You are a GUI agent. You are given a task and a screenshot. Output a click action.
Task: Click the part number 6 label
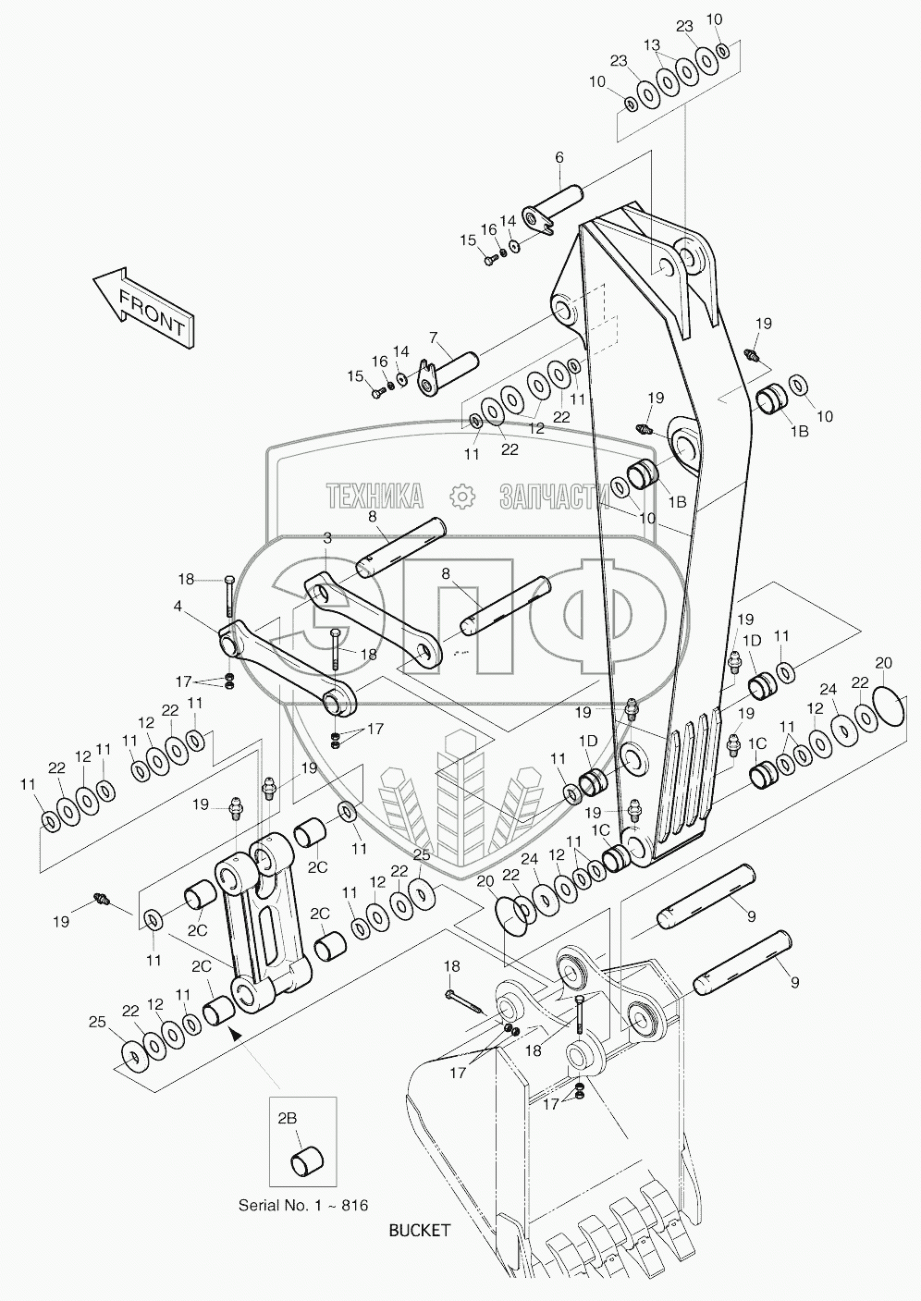559,158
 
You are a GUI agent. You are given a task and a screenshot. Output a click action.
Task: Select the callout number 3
327,537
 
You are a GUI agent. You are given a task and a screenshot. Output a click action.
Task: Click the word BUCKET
420,1230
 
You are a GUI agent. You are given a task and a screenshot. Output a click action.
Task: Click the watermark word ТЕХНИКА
374,497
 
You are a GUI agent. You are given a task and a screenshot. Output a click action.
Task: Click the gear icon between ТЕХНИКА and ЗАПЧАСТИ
460,497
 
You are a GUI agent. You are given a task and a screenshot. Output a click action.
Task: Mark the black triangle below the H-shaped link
235,1037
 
